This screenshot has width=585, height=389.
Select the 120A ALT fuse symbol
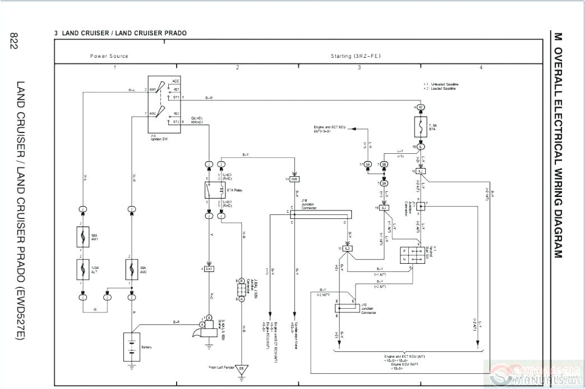pyautogui.click(x=83, y=269)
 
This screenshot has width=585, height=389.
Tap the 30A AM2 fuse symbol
pyautogui.click(x=132, y=269)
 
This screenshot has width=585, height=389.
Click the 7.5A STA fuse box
pyautogui.click(x=420, y=126)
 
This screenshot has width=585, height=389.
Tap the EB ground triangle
pyautogui.click(x=242, y=370)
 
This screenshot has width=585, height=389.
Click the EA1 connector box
pyautogui.click(x=209, y=269)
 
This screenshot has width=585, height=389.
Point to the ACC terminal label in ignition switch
pyautogui.click(x=176, y=81)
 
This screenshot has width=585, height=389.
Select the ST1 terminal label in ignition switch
pyautogui.click(x=176, y=97)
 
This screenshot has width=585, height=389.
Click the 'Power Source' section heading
pyautogui.click(x=109, y=56)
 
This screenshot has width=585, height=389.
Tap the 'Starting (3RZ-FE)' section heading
pyautogui.click(x=357, y=56)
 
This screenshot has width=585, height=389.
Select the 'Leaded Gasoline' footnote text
pyautogui.click(x=444, y=89)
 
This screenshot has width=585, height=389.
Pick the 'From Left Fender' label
pyautogui.click(x=220, y=368)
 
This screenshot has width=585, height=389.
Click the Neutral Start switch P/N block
pyautogui.click(x=408, y=255)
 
